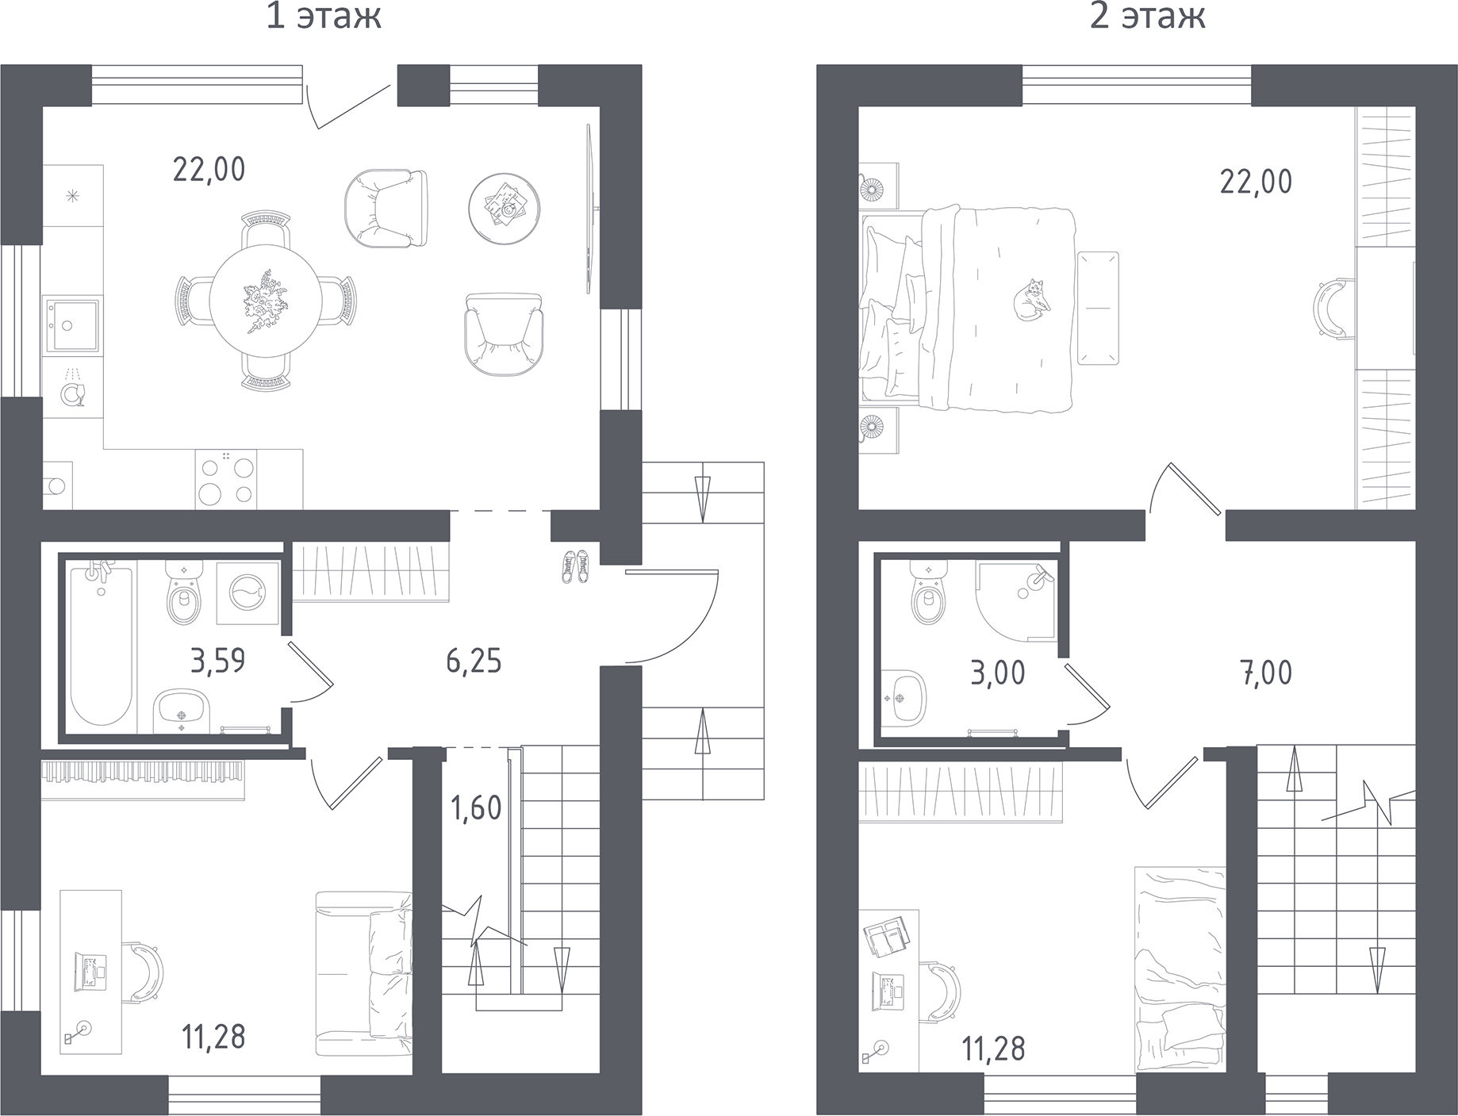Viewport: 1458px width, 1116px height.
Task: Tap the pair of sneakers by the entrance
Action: (x=576, y=566)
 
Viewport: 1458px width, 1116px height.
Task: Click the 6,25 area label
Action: (x=474, y=660)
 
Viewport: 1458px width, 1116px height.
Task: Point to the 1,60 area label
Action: (x=476, y=808)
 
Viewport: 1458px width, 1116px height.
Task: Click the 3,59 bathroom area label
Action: (x=218, y=660)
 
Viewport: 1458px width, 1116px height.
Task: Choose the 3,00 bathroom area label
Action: (x=998, y=673)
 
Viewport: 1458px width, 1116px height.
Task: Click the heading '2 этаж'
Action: (x=1147, y=16)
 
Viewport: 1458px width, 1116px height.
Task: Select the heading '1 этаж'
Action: (x=324, y=16)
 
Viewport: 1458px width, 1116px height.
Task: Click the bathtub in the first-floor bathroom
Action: (x=101, y=642)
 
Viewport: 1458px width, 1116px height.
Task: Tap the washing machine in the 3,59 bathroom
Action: (x=248, y=593)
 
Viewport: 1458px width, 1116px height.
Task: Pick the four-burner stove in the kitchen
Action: (x=226, y=477)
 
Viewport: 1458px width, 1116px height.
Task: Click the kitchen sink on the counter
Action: (x=71, y=324)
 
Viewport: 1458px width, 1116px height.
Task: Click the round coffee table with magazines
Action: (x=505, y=209)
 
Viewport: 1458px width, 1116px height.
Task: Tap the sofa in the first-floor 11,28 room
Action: (x=364, y=973)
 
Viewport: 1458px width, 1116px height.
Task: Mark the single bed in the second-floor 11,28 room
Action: (x=1180, y=968)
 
